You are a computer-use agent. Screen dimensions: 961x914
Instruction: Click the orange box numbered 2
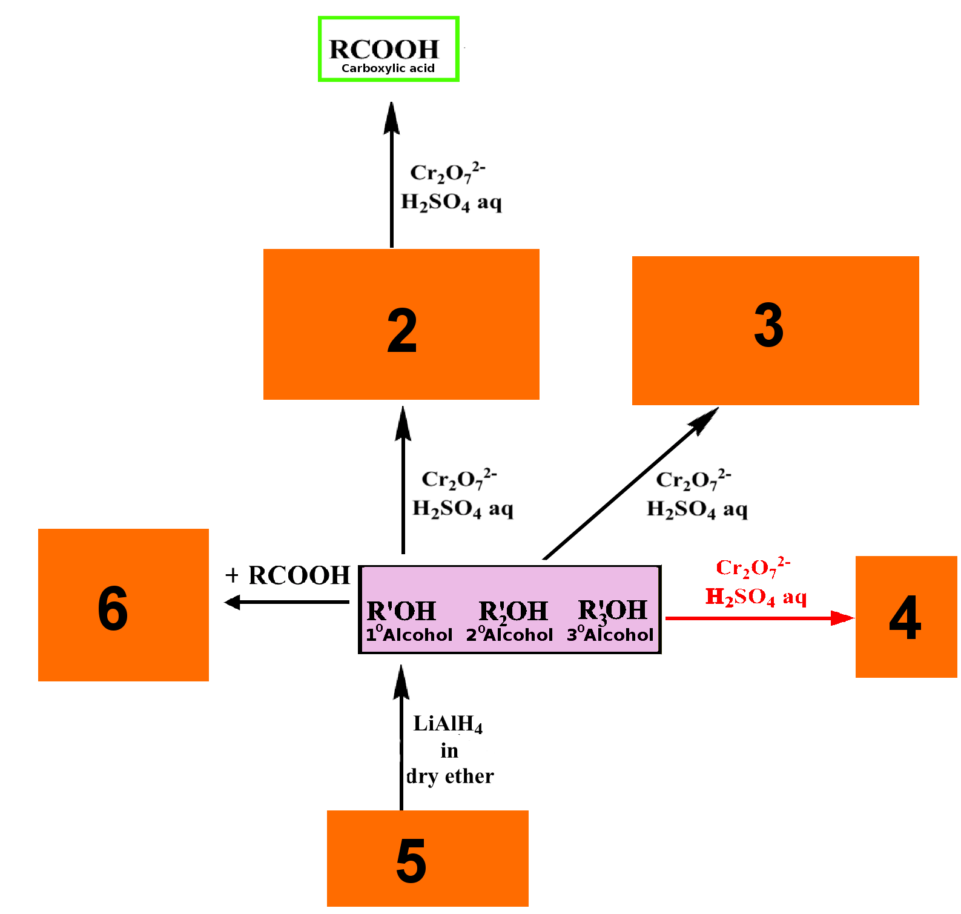point(401,324)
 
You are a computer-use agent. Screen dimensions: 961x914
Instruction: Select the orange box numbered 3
point(776,331)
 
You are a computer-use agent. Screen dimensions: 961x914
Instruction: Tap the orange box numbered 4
point(907,617)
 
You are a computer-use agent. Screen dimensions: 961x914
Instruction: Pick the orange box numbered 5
point(428,858)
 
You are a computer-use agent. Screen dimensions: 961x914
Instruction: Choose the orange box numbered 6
point(124,605)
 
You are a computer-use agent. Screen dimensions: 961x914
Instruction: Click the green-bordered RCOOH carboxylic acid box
point(389,49)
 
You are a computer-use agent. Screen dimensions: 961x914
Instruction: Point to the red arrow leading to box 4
point(760,618)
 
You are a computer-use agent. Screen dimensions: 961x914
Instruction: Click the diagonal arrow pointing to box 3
point(630,483)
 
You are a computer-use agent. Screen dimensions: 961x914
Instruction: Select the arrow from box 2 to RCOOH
point(392,174)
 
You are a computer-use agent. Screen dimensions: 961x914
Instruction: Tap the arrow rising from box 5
point(401,737)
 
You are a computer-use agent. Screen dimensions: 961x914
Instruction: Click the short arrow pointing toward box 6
point(286,602)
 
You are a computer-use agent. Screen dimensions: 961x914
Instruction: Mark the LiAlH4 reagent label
point(448,724)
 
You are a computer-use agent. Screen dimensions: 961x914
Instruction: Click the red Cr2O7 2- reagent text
point(753,567)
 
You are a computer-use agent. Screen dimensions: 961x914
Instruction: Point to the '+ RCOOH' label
point(288,575)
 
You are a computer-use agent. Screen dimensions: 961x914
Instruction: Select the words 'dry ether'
point(450,776)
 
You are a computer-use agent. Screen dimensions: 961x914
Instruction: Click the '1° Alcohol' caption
point(409,634)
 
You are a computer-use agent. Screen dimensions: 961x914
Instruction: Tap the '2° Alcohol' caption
point(510,634)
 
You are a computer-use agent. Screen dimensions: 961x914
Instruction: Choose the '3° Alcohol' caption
point(610,634)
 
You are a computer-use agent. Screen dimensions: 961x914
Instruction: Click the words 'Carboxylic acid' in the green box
point(388,68)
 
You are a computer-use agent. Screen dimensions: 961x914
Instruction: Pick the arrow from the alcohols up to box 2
point(403,480)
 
